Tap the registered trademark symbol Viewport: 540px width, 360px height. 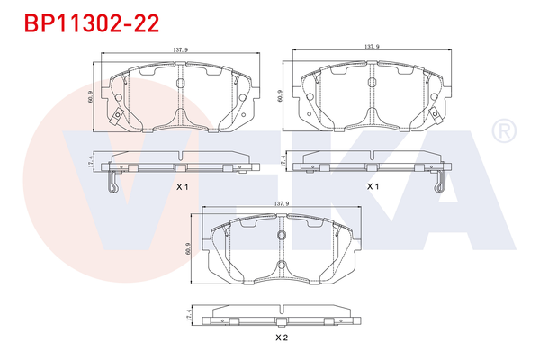click(x=502, y=132)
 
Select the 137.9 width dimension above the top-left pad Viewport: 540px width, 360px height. click(x=179, y=50)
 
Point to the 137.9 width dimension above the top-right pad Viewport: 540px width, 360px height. click(x=371, y=46)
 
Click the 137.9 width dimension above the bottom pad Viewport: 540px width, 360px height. click(x=282, y=205)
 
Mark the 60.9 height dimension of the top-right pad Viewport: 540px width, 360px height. click(x=282, y=94)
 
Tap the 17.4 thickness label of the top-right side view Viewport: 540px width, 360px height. click(x=285, y=162)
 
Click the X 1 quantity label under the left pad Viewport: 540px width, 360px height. click(x=181, y=186)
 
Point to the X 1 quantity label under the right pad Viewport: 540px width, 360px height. click(x=373, y=186)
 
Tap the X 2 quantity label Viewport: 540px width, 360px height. click(x=281, y=338)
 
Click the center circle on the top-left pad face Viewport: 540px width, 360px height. click(x=180, y=84)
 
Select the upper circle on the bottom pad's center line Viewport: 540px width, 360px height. click(x=282, y=237)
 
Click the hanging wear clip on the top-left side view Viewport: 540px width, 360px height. click(x=111, y=183)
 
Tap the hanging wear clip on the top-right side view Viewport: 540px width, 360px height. click(x=440, y=183)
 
